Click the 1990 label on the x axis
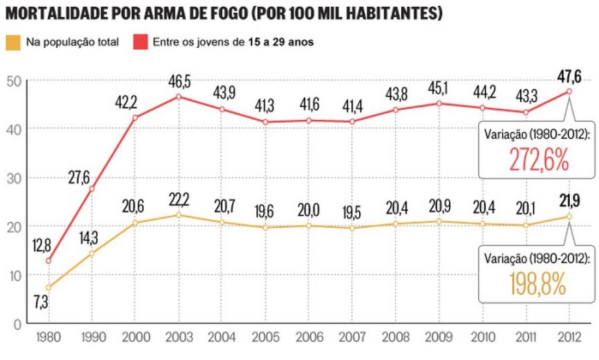pos(92,336)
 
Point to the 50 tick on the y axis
pos(13,81)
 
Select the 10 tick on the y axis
pos(13,275)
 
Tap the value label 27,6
pos(80,177)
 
